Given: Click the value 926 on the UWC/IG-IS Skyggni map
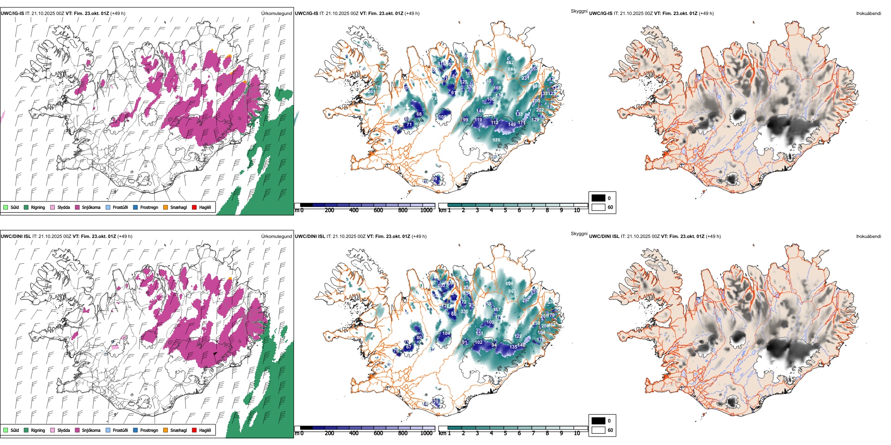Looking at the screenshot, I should click(x=496, y=140).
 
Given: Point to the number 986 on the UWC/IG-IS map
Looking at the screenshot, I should click(x=512, y=69).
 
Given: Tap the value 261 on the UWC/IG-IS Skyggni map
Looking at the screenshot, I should click(x=371, y=92).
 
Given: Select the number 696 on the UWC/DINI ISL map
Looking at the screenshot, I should click(x=510, y=284).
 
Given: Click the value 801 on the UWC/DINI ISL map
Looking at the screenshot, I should click(x=512, y=291).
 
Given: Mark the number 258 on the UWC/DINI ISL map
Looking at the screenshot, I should click(x=536, y=323).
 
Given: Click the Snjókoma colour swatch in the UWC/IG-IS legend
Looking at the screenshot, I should click(x=77, y=208).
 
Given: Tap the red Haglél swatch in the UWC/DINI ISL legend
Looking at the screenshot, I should click(x=194, y=430).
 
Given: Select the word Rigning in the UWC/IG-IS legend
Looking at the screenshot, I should click(x=38, y=208).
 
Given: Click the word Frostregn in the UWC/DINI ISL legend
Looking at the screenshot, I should click(x=149, y=430).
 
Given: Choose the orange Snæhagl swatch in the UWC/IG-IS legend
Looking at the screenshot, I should click(x=166, y=208).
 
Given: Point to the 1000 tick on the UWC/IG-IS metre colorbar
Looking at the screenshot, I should click(x=426, y=210).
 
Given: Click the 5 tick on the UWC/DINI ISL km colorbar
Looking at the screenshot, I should click(x=505, y=433).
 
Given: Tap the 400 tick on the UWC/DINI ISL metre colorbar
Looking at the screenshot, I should click(x=354, y=433).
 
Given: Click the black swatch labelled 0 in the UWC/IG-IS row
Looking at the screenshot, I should click(x=598, y=198).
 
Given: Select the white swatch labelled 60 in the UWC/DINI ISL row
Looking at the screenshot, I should click(x=598, y=430).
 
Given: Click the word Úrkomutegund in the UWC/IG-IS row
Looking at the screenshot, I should click(x=277, y=14).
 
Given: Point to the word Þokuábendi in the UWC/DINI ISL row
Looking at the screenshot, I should click(x=869, y=237).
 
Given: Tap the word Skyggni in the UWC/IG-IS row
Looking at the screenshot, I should click(x=579, y=11).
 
